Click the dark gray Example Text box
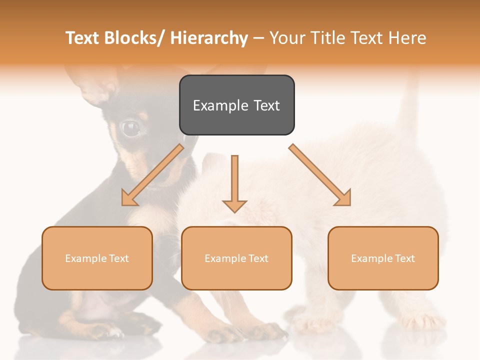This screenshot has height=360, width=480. tap(236, 105)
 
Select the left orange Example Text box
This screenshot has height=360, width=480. tap(97, 258)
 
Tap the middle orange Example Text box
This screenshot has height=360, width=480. tap(236, 258)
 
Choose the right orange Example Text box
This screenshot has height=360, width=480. tap(383, 258)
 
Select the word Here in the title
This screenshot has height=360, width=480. tap(407, 38)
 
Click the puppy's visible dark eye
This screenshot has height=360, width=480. tap(131, 128)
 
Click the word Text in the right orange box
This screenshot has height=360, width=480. tap(405, 258)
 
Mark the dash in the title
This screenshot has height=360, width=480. tap(258, 38)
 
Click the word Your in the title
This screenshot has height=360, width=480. tap(287, 38)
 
